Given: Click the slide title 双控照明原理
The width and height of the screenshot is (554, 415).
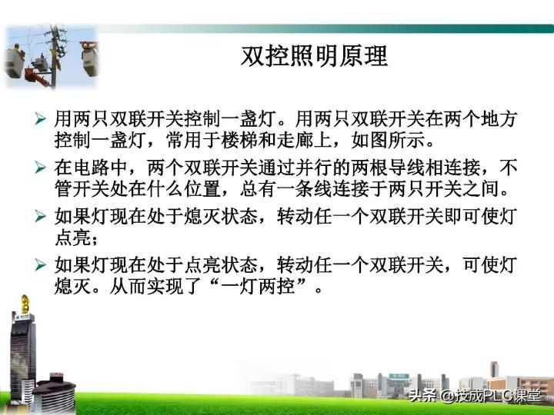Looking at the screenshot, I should (x=314, y=57).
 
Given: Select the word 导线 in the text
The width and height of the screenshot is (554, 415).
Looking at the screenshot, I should (x=403, y=166).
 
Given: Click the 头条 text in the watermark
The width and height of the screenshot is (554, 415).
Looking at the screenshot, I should (x=422, y=396).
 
